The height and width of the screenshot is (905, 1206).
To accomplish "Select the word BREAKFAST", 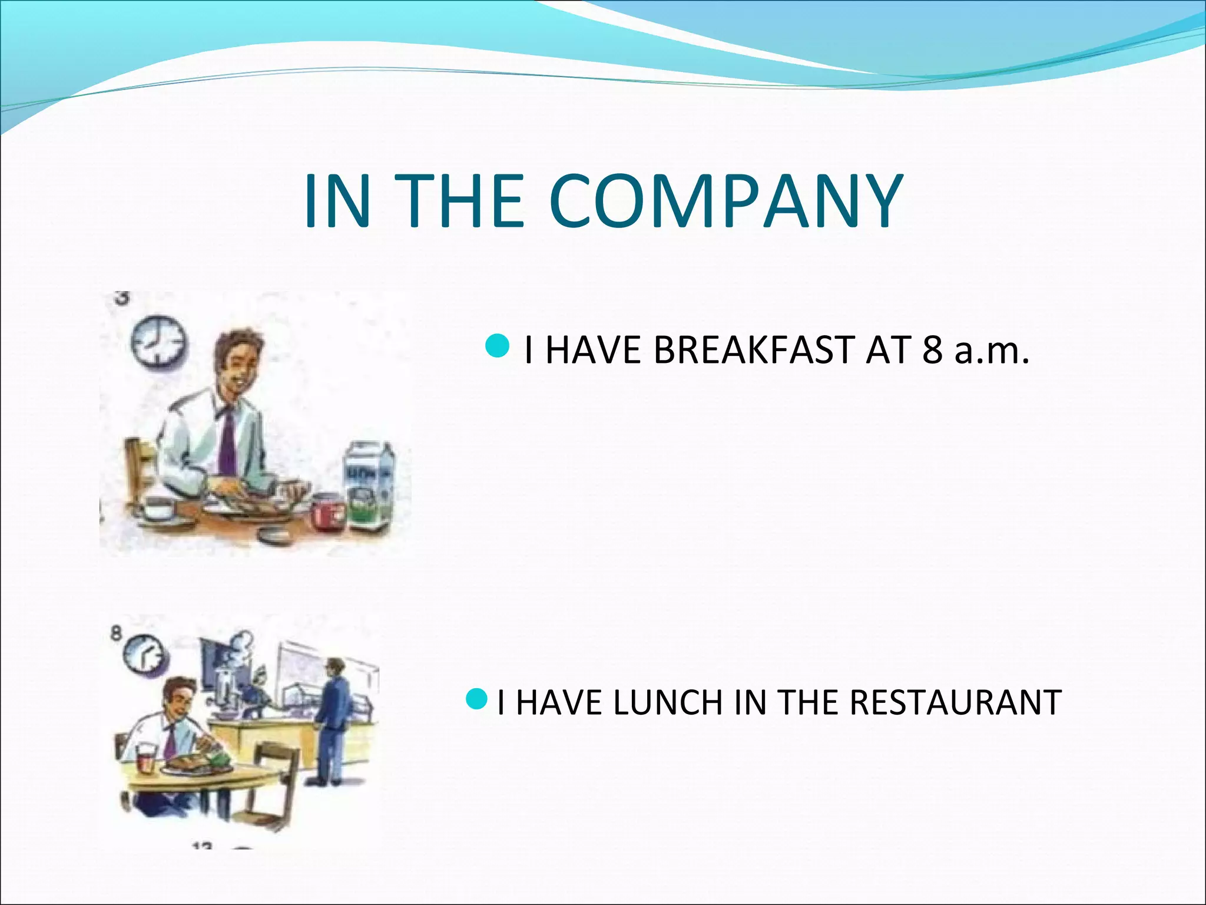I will [x=755, y=350].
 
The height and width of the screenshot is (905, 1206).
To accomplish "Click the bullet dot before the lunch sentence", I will [x=476, y=699].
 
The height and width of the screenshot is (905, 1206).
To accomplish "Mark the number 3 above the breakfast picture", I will [x=121, y=298].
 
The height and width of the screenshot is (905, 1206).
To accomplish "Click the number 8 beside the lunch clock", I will [x=117, y=633].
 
